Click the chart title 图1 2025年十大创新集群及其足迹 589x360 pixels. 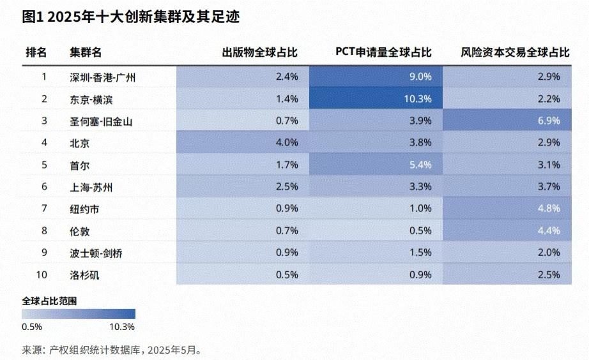click(130, 17)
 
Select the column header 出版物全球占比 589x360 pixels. click(259, 52)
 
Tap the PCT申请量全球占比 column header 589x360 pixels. click(383, 52)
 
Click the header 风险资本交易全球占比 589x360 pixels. click(515, 52)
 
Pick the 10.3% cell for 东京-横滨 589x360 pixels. click(418, 99)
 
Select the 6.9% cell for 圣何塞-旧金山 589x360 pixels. click(549, 121)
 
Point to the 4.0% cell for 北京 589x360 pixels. click(287, 143)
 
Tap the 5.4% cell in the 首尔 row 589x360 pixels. click(421, 165)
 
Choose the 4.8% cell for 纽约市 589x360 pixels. click(549, 209)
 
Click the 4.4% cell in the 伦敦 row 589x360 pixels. click(549, 231)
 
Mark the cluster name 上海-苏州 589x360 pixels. click(91, 187)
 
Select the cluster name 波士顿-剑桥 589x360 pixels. click(96, 253)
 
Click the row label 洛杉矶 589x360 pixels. click(84, 275)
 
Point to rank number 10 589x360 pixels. click(45, 275)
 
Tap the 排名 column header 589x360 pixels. click(36, 52)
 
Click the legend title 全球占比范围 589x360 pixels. click(54, 300)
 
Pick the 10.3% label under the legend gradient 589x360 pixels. click(123, 327)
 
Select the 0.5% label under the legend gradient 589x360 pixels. click(32, 327)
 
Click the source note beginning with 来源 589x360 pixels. click(112, 350)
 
